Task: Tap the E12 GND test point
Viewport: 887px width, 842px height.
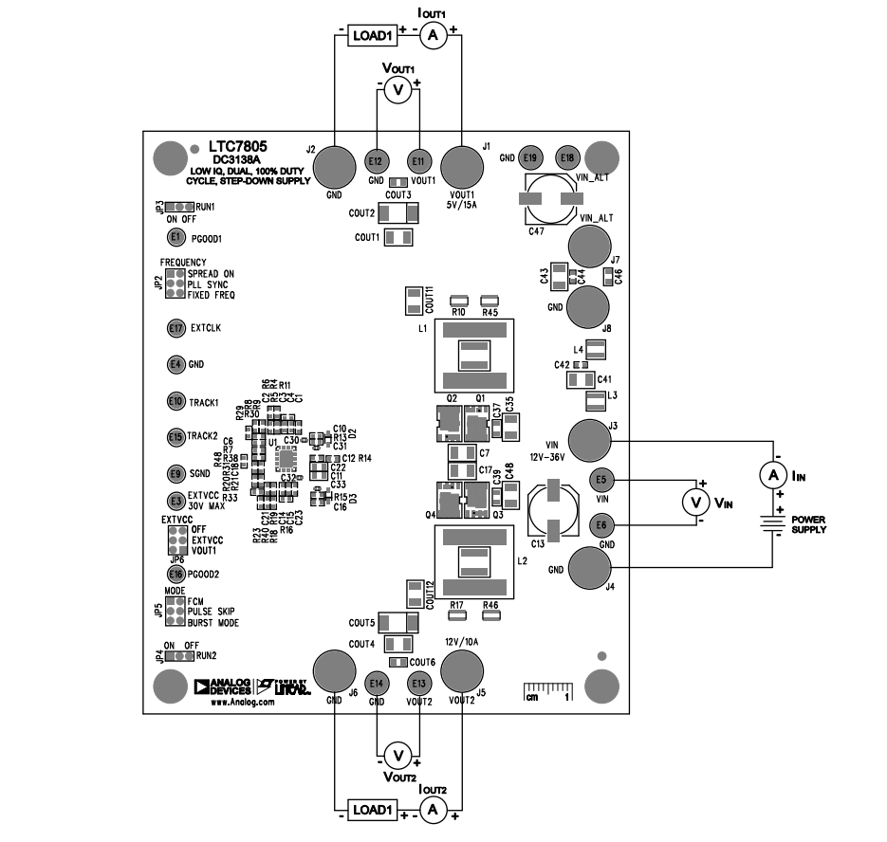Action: point(376,161)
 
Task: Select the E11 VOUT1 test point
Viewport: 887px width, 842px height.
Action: point(417,161)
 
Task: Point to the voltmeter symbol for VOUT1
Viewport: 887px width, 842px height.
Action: point(398,90)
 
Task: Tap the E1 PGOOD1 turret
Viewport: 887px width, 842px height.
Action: point(175,237)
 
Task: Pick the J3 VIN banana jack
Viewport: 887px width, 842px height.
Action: point(593,441)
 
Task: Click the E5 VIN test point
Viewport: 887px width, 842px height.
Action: point(601,479)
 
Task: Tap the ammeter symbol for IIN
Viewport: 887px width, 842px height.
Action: point(774,474)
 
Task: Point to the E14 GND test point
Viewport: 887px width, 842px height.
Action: point(377,683)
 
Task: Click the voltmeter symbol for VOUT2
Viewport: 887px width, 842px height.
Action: point(398,754)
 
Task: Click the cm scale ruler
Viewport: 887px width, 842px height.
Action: point(547,690)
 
